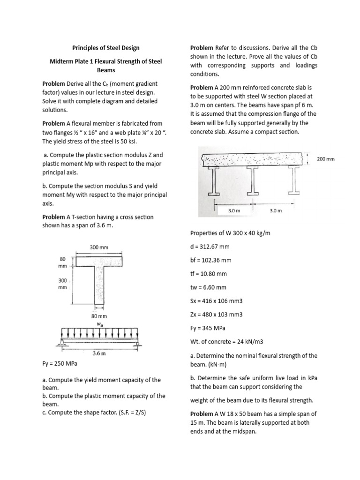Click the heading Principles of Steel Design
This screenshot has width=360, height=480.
pos(105,48)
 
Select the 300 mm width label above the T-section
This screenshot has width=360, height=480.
pos(99,247)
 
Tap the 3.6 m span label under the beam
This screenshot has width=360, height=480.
pos(98,353)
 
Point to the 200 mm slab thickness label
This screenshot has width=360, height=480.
pos(326,159)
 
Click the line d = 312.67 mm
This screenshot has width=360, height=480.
pos(210,247)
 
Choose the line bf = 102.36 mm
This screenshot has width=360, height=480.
pos(211,260)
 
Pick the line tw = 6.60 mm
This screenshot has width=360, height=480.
pos(209,287)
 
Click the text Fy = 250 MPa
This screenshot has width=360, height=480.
pos(60,363)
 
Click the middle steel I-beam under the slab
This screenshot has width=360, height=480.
pos(253,180)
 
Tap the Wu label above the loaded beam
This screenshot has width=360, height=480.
pos(100,323)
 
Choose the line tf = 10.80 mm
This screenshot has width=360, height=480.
pos(209,274)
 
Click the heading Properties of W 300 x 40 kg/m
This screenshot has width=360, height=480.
pos(231,233)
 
